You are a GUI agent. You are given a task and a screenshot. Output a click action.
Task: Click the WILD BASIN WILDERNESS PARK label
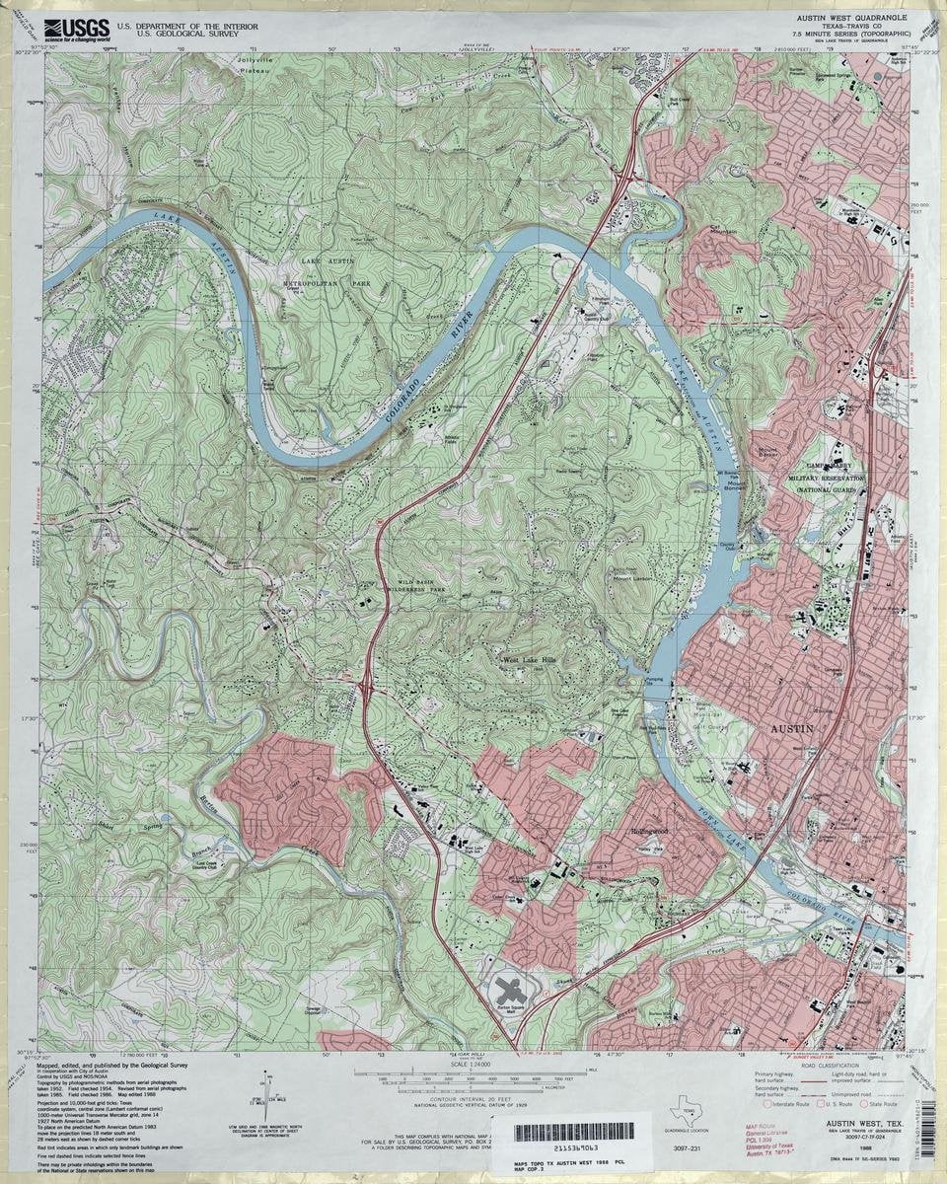pos(425,586)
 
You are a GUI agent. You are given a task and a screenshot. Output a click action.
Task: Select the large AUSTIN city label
pos(792,728)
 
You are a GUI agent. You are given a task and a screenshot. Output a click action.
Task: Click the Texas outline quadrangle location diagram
pos(681,1113)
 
